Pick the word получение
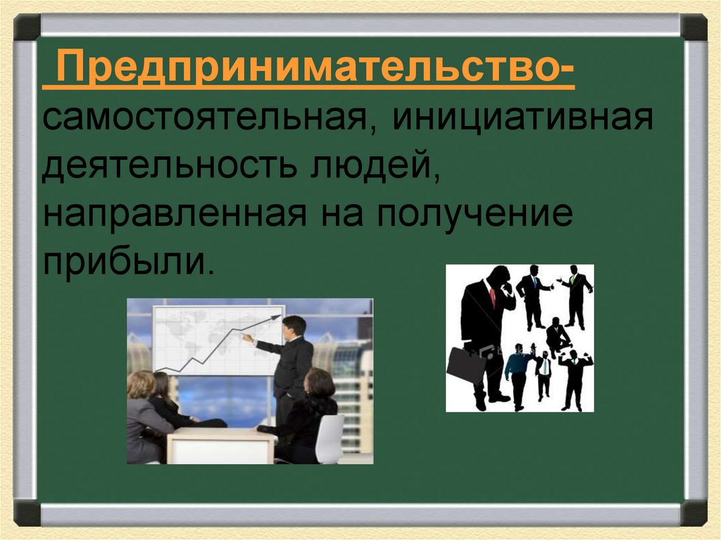[x=474, y=215]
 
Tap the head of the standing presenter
[x=294, y=326]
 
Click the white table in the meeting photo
[x=221, y=445]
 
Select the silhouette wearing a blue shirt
[x=518, y=373]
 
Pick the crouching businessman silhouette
[x=558, y=337]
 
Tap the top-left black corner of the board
[x=27, y=27]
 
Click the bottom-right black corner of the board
[x=694, y=512]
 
